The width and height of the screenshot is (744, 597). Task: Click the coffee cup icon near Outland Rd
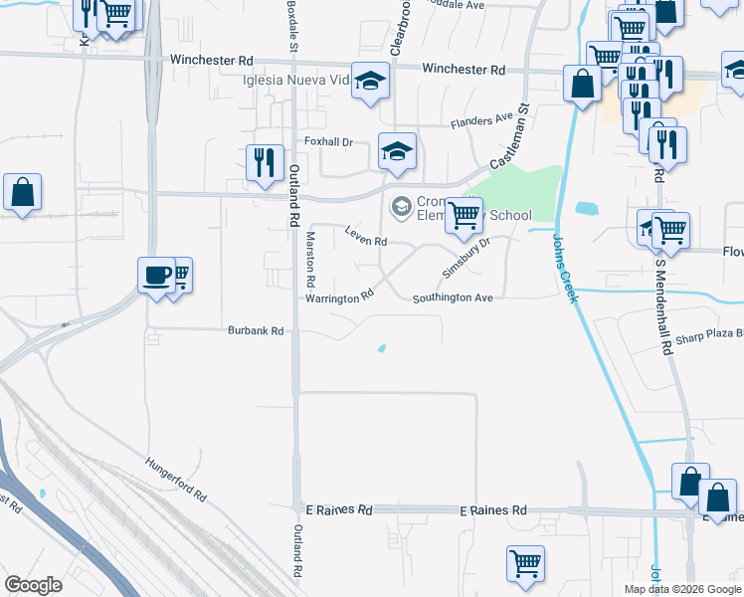tap(156, 276)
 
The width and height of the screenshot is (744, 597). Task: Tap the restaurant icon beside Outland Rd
tap(264, 161)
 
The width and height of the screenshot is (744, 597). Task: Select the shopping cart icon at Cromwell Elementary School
tap(463, 215)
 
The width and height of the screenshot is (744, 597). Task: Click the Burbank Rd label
tap(256, 330)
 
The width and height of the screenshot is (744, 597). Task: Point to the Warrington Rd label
tap(339, 297)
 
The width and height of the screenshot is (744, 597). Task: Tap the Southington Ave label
tap(453, 297)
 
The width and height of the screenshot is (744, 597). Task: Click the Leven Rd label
tap(365, 237)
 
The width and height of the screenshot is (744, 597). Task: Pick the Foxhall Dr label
tap(329, 142)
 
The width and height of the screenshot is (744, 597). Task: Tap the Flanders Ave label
tap(481, 120)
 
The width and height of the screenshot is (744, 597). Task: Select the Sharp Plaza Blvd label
tap(708, 336)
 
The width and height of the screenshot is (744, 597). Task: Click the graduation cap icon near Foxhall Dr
tap(397, 150)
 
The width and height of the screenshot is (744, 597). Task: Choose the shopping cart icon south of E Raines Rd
tap(524, 563)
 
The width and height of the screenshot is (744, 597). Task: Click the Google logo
tap(33, 585)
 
